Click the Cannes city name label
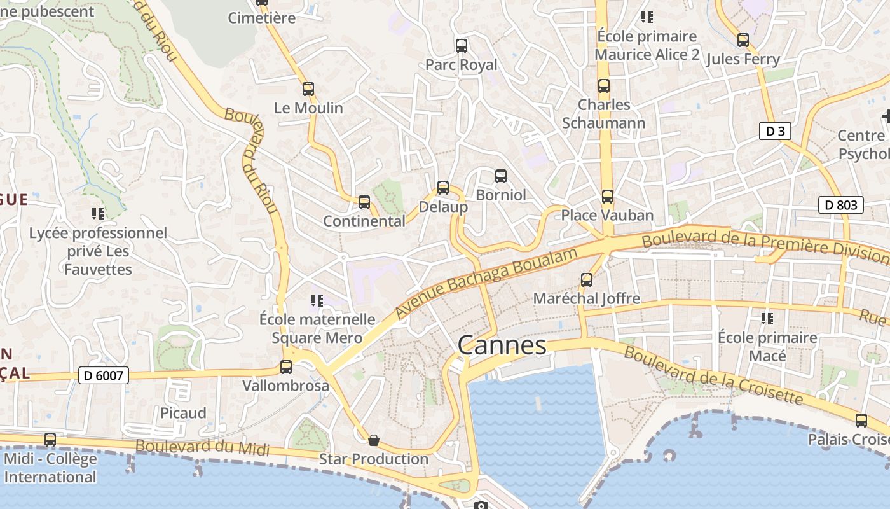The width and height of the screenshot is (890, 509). click(x=502, y=345)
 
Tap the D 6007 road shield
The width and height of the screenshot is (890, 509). click(x=104, y=375)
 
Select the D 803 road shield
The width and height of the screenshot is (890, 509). click(x=841, y=205)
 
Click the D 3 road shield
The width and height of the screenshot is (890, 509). click(x=775, y=132)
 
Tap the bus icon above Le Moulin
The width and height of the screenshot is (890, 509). click(x=308, y=89)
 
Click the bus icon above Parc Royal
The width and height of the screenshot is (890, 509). click(x=462, y=46)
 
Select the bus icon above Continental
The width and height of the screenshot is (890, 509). click(x=364, y=202)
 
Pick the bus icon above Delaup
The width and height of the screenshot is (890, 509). click(x=443, y=188)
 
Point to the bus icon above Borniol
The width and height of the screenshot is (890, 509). click(x=501, y=176)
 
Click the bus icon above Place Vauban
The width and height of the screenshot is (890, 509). click(x=608, y=196)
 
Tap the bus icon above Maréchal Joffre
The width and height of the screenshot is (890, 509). click(x=587, y=279)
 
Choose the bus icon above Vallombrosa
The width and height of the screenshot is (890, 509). click(x=286, y=367)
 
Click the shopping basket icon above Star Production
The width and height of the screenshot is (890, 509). click(x=374, y=440)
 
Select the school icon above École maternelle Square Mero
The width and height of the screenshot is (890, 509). click(x=317, y=300)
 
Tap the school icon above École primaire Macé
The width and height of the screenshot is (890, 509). click(x=767, y=318)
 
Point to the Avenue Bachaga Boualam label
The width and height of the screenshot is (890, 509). click(x=487, y=282)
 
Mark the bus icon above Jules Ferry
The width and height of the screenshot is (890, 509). click(x=743, y=40)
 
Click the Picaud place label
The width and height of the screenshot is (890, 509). click(x=183, y=413)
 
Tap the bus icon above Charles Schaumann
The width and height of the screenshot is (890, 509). click(x=604, y=86)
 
